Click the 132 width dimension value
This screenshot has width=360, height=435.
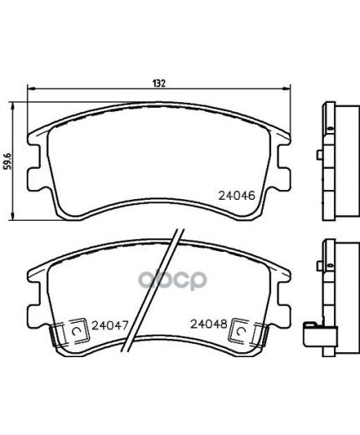[x=159, y=84]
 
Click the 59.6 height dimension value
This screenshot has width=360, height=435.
[x=8, y=161]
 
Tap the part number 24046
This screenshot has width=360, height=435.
[x=237, y=196]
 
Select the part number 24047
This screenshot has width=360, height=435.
[x=110, y=325]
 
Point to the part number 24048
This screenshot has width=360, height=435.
[x=208, y=324]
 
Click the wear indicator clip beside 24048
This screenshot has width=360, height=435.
[x=249, y=332]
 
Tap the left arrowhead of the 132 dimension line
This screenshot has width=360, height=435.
[x=31, y=89]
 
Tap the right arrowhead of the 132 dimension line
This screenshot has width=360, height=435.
[x=287, y=89]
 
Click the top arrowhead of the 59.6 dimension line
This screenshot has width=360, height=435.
[x=12, y=105]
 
